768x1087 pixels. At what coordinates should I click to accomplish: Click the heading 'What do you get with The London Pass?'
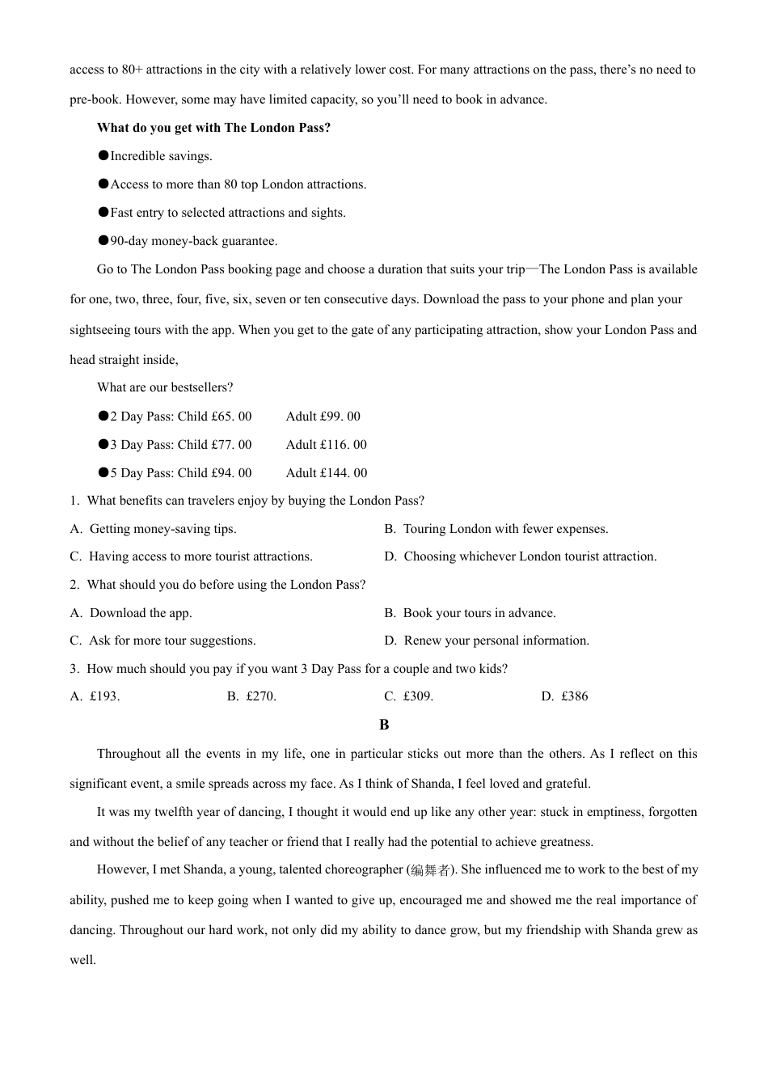pyautogui.click(x=213, y=128)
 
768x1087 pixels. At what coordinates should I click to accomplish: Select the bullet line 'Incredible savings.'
pyautogui.click(x=161, y=156)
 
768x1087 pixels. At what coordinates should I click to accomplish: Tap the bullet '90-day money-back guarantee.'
pyautogui.click(x=193, y=241)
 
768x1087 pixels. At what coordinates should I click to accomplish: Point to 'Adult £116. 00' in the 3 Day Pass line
pyautogui.click(x=326, y=445)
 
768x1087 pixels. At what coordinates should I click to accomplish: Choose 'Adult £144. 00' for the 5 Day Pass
pyautogui.click(x=326, y=473)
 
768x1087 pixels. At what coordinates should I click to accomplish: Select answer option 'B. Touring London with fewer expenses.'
pyautogui.click(x=496, y=529)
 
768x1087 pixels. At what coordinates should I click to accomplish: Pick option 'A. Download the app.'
pyautogui.click(x=131, y=613)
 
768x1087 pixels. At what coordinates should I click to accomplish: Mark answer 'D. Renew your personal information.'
pyautogui.click(x=487, y=641)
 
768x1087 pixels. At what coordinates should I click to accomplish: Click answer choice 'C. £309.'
pyautogui.click(x=408, y=696)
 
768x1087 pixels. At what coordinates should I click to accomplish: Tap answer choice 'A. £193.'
pyautogui.click(x=95, y=696)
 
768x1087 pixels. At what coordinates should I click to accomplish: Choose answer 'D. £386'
pyautogui.click(x=564, y=696)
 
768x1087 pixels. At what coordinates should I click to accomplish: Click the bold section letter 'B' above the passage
pyautogui.click(x=384, y=725)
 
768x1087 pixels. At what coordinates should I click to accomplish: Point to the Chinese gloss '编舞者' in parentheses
pyautogui.click(x=430, y=870)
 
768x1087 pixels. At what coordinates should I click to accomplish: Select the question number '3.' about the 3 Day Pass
pyautogui.click(x=74, y=669)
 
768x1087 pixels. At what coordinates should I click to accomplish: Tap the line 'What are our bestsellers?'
pyautogui.click(x=165, y=387)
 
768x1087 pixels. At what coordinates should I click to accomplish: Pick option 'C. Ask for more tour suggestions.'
pyautogui.click(x=162, y=641)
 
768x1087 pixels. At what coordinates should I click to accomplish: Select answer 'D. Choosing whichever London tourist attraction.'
pyautogui.click(x=520, y=556)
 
